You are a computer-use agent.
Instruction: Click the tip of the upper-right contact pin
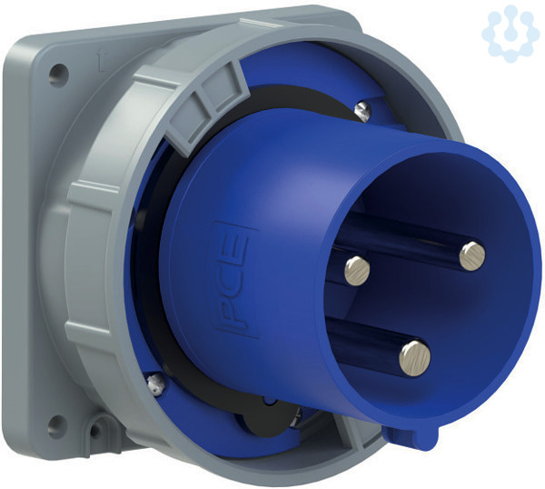pos(472,256)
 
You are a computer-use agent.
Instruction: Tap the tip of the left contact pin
pos(357,271)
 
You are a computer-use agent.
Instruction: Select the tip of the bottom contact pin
pos(414,359)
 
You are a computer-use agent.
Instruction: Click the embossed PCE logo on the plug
pos(234,279)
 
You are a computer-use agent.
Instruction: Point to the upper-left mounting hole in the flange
pos(58,75)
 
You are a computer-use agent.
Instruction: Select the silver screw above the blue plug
pos(362,111)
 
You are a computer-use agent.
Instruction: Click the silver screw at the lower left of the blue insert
pos(155,384)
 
